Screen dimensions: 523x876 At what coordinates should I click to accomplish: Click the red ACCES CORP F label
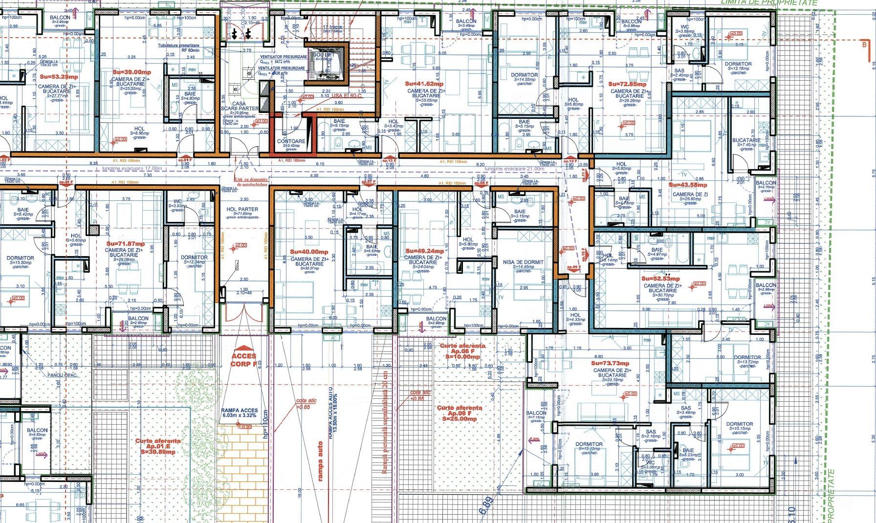(x=243, y=360)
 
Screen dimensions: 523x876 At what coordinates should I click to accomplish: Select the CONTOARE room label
(x=291, y=142)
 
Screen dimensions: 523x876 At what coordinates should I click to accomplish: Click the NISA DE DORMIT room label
(x=523, y=262)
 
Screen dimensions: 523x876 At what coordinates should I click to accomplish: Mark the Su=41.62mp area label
(x=424, y=84)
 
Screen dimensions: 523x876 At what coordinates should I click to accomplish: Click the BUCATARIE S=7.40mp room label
(x=746, y=142)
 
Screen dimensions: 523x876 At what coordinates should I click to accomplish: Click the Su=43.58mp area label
(x=687, y=185)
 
